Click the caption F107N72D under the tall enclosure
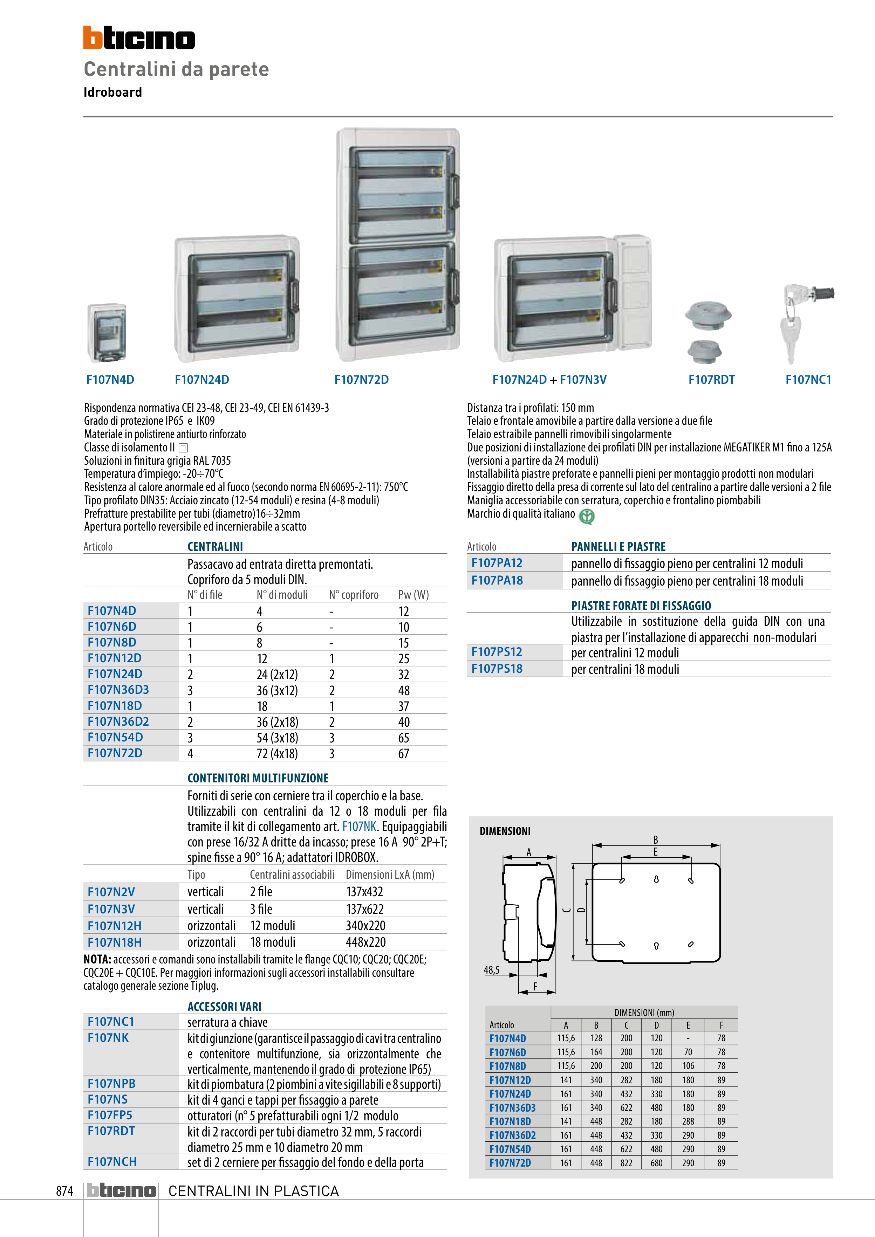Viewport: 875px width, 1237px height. pyautogui.click(x=361, y=380)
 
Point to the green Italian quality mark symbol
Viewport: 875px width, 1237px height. pyautogui.click(x=587, y=517)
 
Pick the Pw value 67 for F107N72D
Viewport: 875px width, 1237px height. pyautogui.click(x=404, y=754)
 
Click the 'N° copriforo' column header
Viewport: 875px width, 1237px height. pyautogui.click(x=354, y=595)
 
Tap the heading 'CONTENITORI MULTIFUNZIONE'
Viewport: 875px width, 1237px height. pyautogui.click(x=258, y=778)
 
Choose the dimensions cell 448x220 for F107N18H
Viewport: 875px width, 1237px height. pyautogui.click(x=365, y=942)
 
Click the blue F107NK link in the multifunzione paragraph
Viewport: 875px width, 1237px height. pyautogui.click(x=359, y=827)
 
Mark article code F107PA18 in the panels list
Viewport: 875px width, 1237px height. pyautogui.click(x=497, y=581)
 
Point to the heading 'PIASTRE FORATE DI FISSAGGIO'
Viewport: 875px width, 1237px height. pyautogui.click(x=641, y=606)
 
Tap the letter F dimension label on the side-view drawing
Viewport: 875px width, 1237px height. pyautogui.click(x=535, y=986)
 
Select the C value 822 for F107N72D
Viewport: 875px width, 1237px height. pyautogui.click(x=627, y=1163)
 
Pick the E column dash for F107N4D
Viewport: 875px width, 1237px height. pyautogui.click(x=688, y=1038)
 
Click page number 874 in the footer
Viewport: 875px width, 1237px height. pyautogui.click(x=65, y=1191)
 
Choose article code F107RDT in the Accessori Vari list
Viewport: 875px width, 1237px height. pyautogui.click(x=111, y=1131)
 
